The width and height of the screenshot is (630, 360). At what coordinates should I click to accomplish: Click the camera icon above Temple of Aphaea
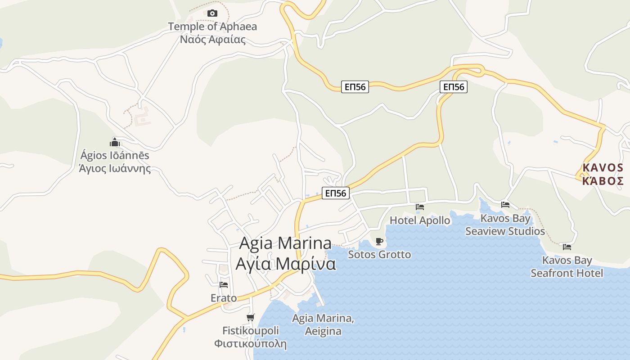[212, 13]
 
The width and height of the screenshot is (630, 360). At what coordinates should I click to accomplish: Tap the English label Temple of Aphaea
[212, 27]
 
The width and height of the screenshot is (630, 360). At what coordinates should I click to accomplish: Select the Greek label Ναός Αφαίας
[212, 40]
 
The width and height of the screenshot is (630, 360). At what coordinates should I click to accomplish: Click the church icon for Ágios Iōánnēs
[115, 143]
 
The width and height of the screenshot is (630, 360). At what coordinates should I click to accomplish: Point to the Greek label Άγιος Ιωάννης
[115, 169]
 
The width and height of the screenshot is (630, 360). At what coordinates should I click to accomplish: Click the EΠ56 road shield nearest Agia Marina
[336, 193]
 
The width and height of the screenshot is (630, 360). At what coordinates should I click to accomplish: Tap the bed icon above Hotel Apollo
[420, 207]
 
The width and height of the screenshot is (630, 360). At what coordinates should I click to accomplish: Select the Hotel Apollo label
[420, 220]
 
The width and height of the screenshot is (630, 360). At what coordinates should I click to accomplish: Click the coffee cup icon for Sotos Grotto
[379, 242]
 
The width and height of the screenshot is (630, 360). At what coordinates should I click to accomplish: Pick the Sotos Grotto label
[379, 255]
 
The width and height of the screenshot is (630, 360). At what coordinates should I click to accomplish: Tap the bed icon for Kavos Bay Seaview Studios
[505, 205]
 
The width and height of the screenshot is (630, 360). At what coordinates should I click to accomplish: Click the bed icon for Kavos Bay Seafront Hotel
[567, 247]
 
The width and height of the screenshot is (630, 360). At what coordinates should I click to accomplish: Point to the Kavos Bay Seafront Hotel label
[567, 267]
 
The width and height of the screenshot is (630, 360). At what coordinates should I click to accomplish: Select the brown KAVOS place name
[603, 168]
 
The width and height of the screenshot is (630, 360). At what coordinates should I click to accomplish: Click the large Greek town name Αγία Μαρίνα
[286, 264]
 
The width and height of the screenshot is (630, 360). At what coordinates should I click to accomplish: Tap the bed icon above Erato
[224, 284]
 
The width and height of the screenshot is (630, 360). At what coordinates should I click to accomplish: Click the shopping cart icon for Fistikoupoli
[251, 317]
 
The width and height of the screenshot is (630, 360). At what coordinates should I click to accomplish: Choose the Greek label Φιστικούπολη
[250, 344]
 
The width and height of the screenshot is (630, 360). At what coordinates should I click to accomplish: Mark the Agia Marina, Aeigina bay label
[323, 324]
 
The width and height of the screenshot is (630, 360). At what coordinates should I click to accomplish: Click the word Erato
[224, 298]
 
